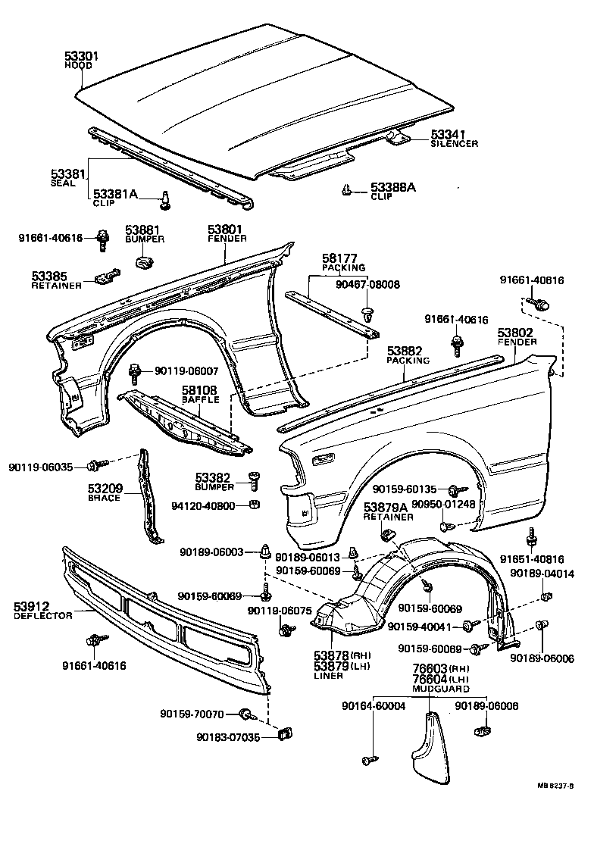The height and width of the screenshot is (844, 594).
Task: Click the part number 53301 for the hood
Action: pos(81,56)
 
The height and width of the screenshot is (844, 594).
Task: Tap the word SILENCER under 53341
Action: pos(454,143)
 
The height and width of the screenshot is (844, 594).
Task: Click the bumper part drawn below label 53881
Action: pos(143,262)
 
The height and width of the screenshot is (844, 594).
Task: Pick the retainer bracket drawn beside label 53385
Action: pos(108,277)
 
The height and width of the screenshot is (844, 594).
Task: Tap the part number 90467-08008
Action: pos(367,284)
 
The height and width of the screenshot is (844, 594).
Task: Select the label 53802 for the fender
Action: pos(515,332)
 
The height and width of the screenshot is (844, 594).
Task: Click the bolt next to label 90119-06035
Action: pos(95,465)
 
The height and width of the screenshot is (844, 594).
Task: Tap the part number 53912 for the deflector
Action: pos(33,606)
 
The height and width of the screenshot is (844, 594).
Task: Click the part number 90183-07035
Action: pos(227,736)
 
